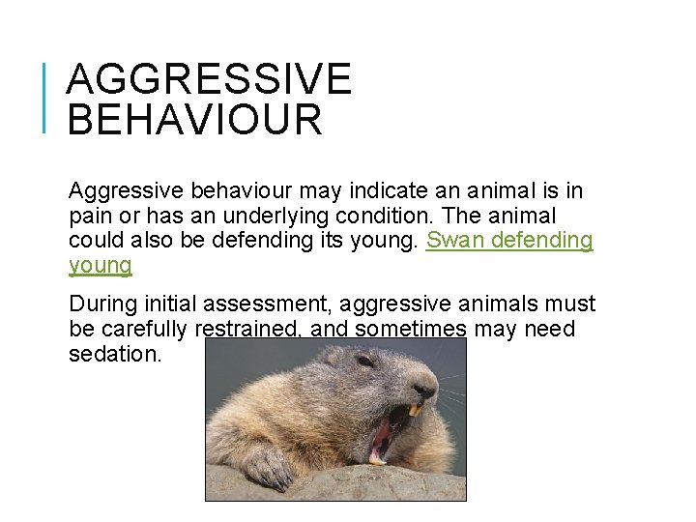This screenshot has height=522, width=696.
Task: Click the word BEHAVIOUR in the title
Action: click(194, 120)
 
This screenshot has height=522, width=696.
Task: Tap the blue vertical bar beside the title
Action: click(46, 96)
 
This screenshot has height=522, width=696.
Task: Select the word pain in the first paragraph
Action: click(92, 216)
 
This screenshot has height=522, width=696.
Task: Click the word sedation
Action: click(115, 355)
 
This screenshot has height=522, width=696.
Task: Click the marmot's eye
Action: click(365, 361)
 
